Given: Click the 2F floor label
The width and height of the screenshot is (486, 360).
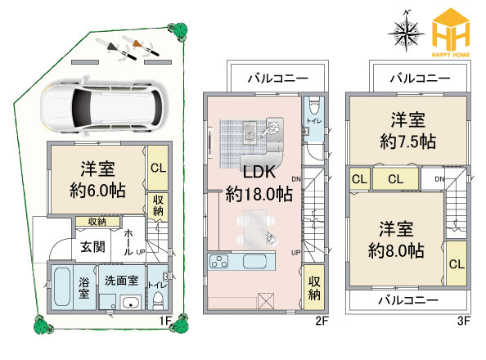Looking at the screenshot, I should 322,321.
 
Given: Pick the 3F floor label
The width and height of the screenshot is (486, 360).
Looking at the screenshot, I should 465,321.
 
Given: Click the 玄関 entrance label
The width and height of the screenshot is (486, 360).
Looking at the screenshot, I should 92,245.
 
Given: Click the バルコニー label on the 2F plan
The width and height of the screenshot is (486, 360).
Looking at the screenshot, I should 278,79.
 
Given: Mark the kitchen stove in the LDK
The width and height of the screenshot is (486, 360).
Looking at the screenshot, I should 221,262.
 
